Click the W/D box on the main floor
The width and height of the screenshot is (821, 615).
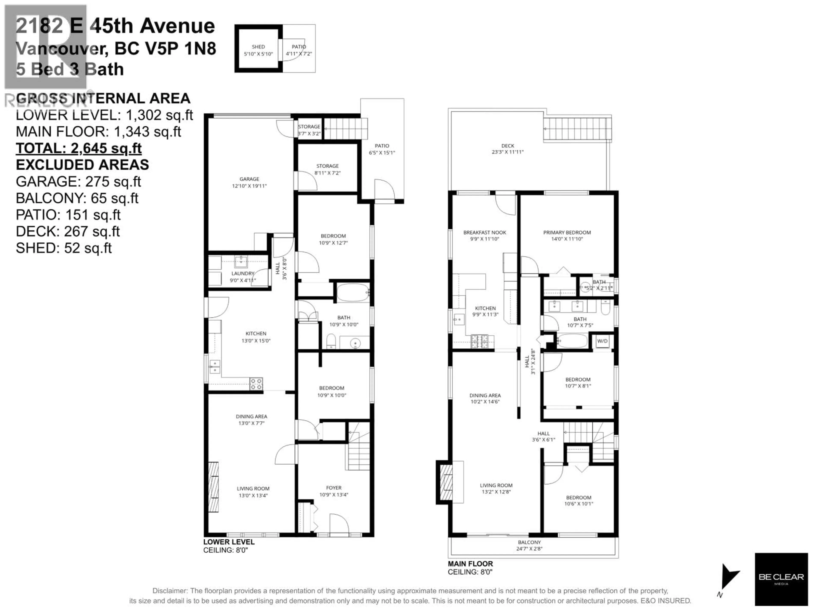click(x=602, y=341)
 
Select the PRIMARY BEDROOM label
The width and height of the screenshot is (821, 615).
click(x=567, y=232)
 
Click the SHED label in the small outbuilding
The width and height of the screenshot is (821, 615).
click(x=258, y=47)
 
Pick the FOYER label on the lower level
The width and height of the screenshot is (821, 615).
click(x=334, y=488)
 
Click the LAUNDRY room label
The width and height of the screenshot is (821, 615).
click(x=243, y=274)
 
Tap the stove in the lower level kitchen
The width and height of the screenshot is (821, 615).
click(x=256, y=384)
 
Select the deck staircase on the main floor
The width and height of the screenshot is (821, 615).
click(x=577, y=129)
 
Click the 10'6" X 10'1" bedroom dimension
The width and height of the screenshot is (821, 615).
click(x=579, y=504)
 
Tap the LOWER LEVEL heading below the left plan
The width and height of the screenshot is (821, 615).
click(x=229, y=542)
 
